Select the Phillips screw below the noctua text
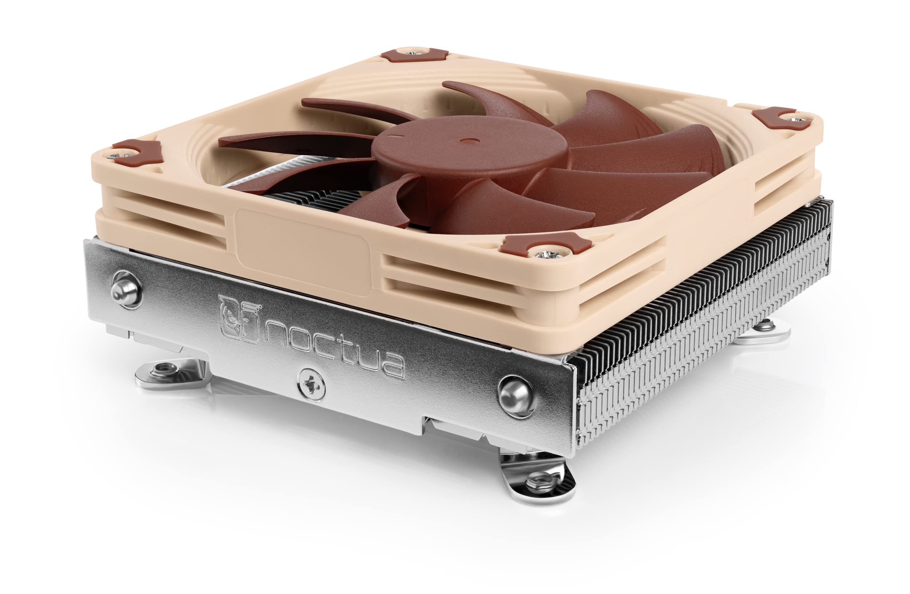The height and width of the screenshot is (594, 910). point(311,382)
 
